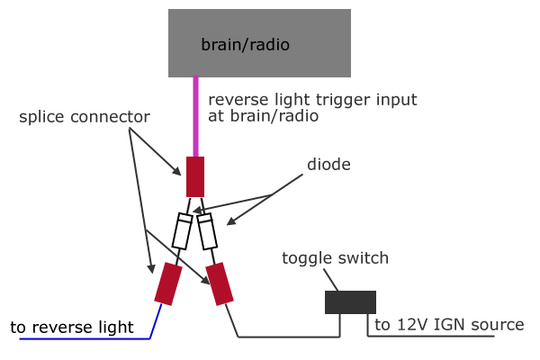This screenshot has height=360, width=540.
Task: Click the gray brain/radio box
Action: pyautogui.click(x=259, y=43)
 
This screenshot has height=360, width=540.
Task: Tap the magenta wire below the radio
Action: pyautogui.click(x=195, y=116)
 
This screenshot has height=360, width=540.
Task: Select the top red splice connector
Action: pyautogui.click(x=195, y=176)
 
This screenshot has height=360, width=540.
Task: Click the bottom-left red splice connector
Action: pyautogui.click(x=168, y=283)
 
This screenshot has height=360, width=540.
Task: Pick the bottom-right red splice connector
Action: pyautogui.click(x=220, y=283)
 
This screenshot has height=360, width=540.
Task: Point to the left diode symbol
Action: pyautogui.click(x=182, y=230)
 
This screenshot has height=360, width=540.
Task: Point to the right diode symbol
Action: pyautogui.click(x=207, y=230)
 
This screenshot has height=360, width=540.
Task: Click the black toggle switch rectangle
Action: pyautogui.click(x=350, y=302)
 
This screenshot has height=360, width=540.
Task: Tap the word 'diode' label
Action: pyautogui.click(x=328, y=165)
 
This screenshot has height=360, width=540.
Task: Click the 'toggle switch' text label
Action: pyautogui.click(x=335, y=258)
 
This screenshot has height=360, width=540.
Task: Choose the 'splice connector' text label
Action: pyautogui.click(x=85, y=117)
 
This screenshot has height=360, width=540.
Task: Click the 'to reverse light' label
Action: pyautogui.click(x=72, y=327)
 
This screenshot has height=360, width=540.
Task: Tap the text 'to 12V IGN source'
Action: pyautogui.click(x=449, y=325)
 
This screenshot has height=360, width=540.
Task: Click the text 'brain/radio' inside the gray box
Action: pyautogui.click(x=245, y=45)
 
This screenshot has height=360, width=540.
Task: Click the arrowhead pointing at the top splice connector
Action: pyautogui.click(x=177, y=171)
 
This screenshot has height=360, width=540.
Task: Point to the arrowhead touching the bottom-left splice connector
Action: pyautogui.click(x=151, y=269)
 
